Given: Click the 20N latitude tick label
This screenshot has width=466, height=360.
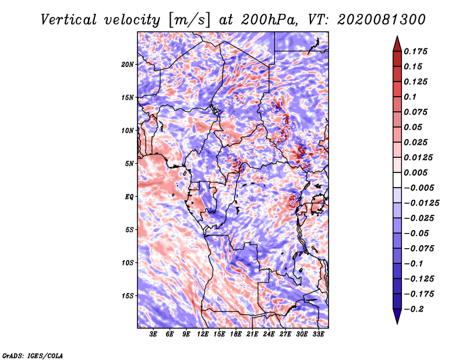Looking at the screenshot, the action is (x=128, y=65).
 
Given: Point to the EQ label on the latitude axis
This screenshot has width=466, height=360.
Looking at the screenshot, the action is (x=129, y=197).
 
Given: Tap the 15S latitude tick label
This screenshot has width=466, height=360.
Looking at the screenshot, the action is (x=128, y=296).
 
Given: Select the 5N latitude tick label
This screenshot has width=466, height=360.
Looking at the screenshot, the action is (x=129, y=164).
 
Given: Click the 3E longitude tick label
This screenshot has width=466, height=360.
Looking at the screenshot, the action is (x=153, y=334).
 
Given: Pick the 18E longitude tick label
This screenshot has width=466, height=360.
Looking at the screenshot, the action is (x=236, y=334).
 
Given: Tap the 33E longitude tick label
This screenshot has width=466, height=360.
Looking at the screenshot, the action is (x=318, y=334).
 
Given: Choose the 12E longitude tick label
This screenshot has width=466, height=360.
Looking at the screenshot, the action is (x=203, y=334).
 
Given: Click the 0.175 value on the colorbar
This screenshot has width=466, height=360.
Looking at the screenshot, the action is (x=415, y=51).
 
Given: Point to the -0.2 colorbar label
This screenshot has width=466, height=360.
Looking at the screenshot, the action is (x=414, y=309).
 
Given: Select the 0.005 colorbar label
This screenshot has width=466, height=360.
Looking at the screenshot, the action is (x=415, y=172).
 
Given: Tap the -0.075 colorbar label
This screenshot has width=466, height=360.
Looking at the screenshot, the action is (x=419, y=249).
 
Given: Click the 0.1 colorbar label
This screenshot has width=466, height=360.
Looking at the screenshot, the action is (x=410, y=97).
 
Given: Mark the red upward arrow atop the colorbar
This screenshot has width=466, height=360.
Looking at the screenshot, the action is (x=397, y=44).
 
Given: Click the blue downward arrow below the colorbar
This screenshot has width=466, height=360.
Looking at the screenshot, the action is (x=397, y=316).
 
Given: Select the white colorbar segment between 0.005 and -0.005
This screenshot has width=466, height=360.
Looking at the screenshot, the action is (x=397, y=180).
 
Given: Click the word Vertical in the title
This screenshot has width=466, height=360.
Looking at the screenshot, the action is (x=69, y=20).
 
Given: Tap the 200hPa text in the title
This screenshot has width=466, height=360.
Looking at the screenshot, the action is (x=269, y=20).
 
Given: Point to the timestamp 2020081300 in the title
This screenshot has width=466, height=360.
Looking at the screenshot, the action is (x=382, y=20).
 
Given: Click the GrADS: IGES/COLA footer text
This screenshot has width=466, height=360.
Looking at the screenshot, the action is (x=33, y=355).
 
